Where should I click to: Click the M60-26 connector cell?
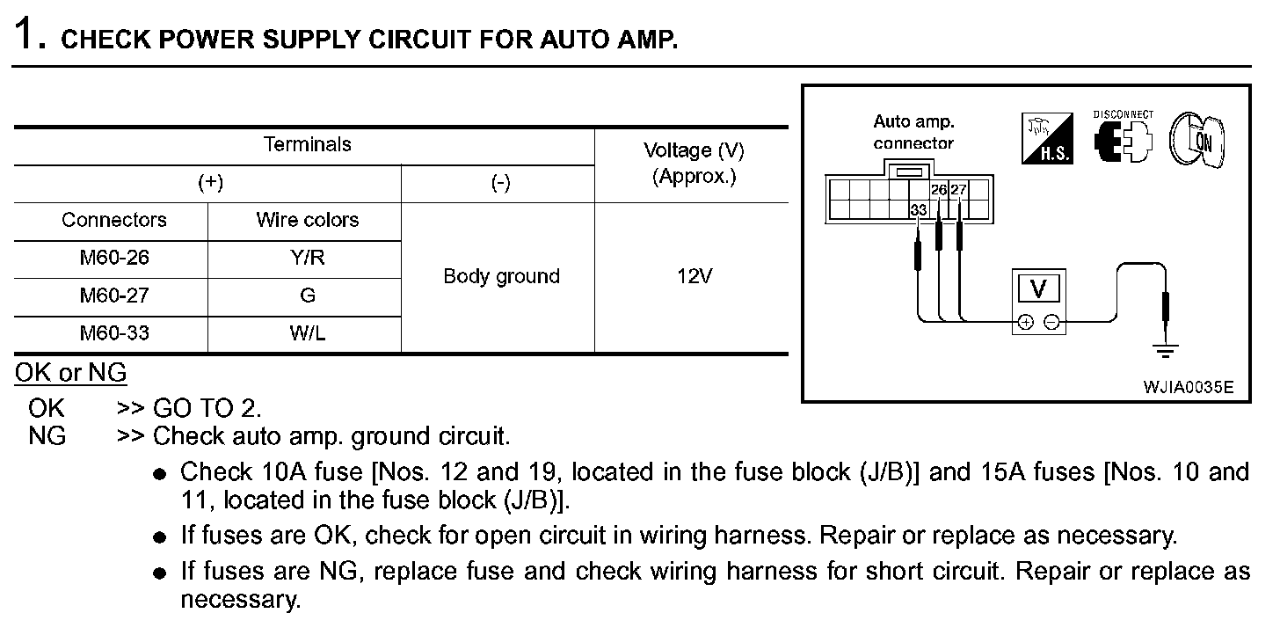click(x=111, y=259)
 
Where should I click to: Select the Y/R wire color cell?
click(x=307, y=259)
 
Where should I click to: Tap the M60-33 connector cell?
click(x=111, y=334)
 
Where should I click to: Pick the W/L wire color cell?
click(x=307, y=334)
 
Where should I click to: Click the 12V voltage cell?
click(x=693, y=277)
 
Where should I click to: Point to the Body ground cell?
click(x=501, y=277)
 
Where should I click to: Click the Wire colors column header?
click(x=307, y=220)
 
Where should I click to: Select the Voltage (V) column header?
click(x=693, y=163)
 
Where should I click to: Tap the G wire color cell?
click(x=307, y=296)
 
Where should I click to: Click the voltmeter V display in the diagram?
click(x=1038, y=289)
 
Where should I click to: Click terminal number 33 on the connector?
click(x=918, y=210)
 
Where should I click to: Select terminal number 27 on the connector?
click(x=958, y=189)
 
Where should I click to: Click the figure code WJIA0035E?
click(x=1188, y=387)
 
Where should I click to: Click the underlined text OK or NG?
click(x=70, y=373)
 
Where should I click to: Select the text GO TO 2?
click(x=207, y=408)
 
